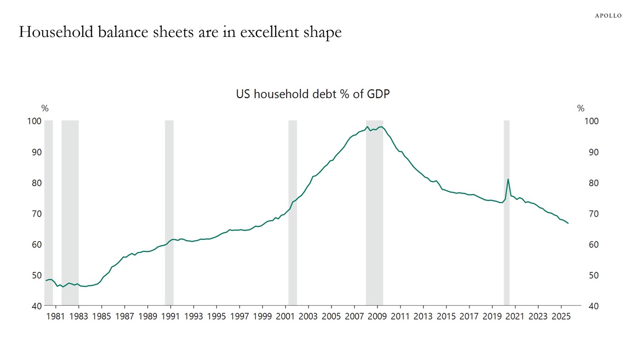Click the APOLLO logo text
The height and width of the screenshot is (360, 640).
click(x=608, y=15)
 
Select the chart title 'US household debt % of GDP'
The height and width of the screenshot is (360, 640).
click(x=313, y=94)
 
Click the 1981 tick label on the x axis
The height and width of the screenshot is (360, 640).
click(x=56, y=316)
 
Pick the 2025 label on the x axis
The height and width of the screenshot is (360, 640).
click(x=561, y=316)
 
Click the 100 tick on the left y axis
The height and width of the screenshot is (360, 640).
click(x=36, y=121)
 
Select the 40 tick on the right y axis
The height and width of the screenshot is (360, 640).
click(x=591, y=306)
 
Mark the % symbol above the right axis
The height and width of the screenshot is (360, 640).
click(x=581, y=109)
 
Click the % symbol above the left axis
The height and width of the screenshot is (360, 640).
click(x=45, y=109)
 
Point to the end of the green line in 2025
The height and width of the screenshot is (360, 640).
click(x=568, y=223)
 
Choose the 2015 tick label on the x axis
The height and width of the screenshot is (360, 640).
click(x=446, y=316)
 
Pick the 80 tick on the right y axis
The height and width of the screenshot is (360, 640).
click(x=591, y=183)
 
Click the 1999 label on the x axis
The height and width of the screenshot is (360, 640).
click(x=262, y=316)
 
